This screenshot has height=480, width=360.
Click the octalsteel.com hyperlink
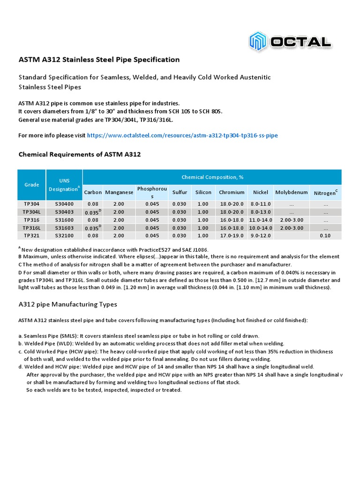[x=182, y=135]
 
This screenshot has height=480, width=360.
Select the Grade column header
[x=31, y=185]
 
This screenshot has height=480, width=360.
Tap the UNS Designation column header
[x=64, y=185]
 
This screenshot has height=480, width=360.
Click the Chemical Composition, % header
[x=212, y=177]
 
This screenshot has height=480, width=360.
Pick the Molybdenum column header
[x=291, y=192]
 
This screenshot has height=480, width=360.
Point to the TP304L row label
[x=31, y=212]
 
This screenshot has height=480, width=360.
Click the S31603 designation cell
[x=64, y=227]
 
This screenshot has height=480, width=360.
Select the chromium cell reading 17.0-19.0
[x=232, y=235]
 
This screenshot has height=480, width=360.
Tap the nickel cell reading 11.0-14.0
[x=261, y=220]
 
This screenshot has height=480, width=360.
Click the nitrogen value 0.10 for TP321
[x=325, y=235]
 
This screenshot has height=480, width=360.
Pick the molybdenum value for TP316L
[x=291, y=227]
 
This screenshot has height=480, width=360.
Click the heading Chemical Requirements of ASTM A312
[x=79, y=154]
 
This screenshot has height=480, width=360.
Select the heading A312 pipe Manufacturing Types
[x=67, y=304]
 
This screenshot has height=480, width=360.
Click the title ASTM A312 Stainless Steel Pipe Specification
[x=98, y=60]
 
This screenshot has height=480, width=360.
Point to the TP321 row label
[x=31, y=235]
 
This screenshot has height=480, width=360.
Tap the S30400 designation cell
[x=64, y=204]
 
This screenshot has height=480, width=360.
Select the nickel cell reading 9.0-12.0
[x=261, y=235]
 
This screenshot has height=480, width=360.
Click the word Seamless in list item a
[x=35, y=336]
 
